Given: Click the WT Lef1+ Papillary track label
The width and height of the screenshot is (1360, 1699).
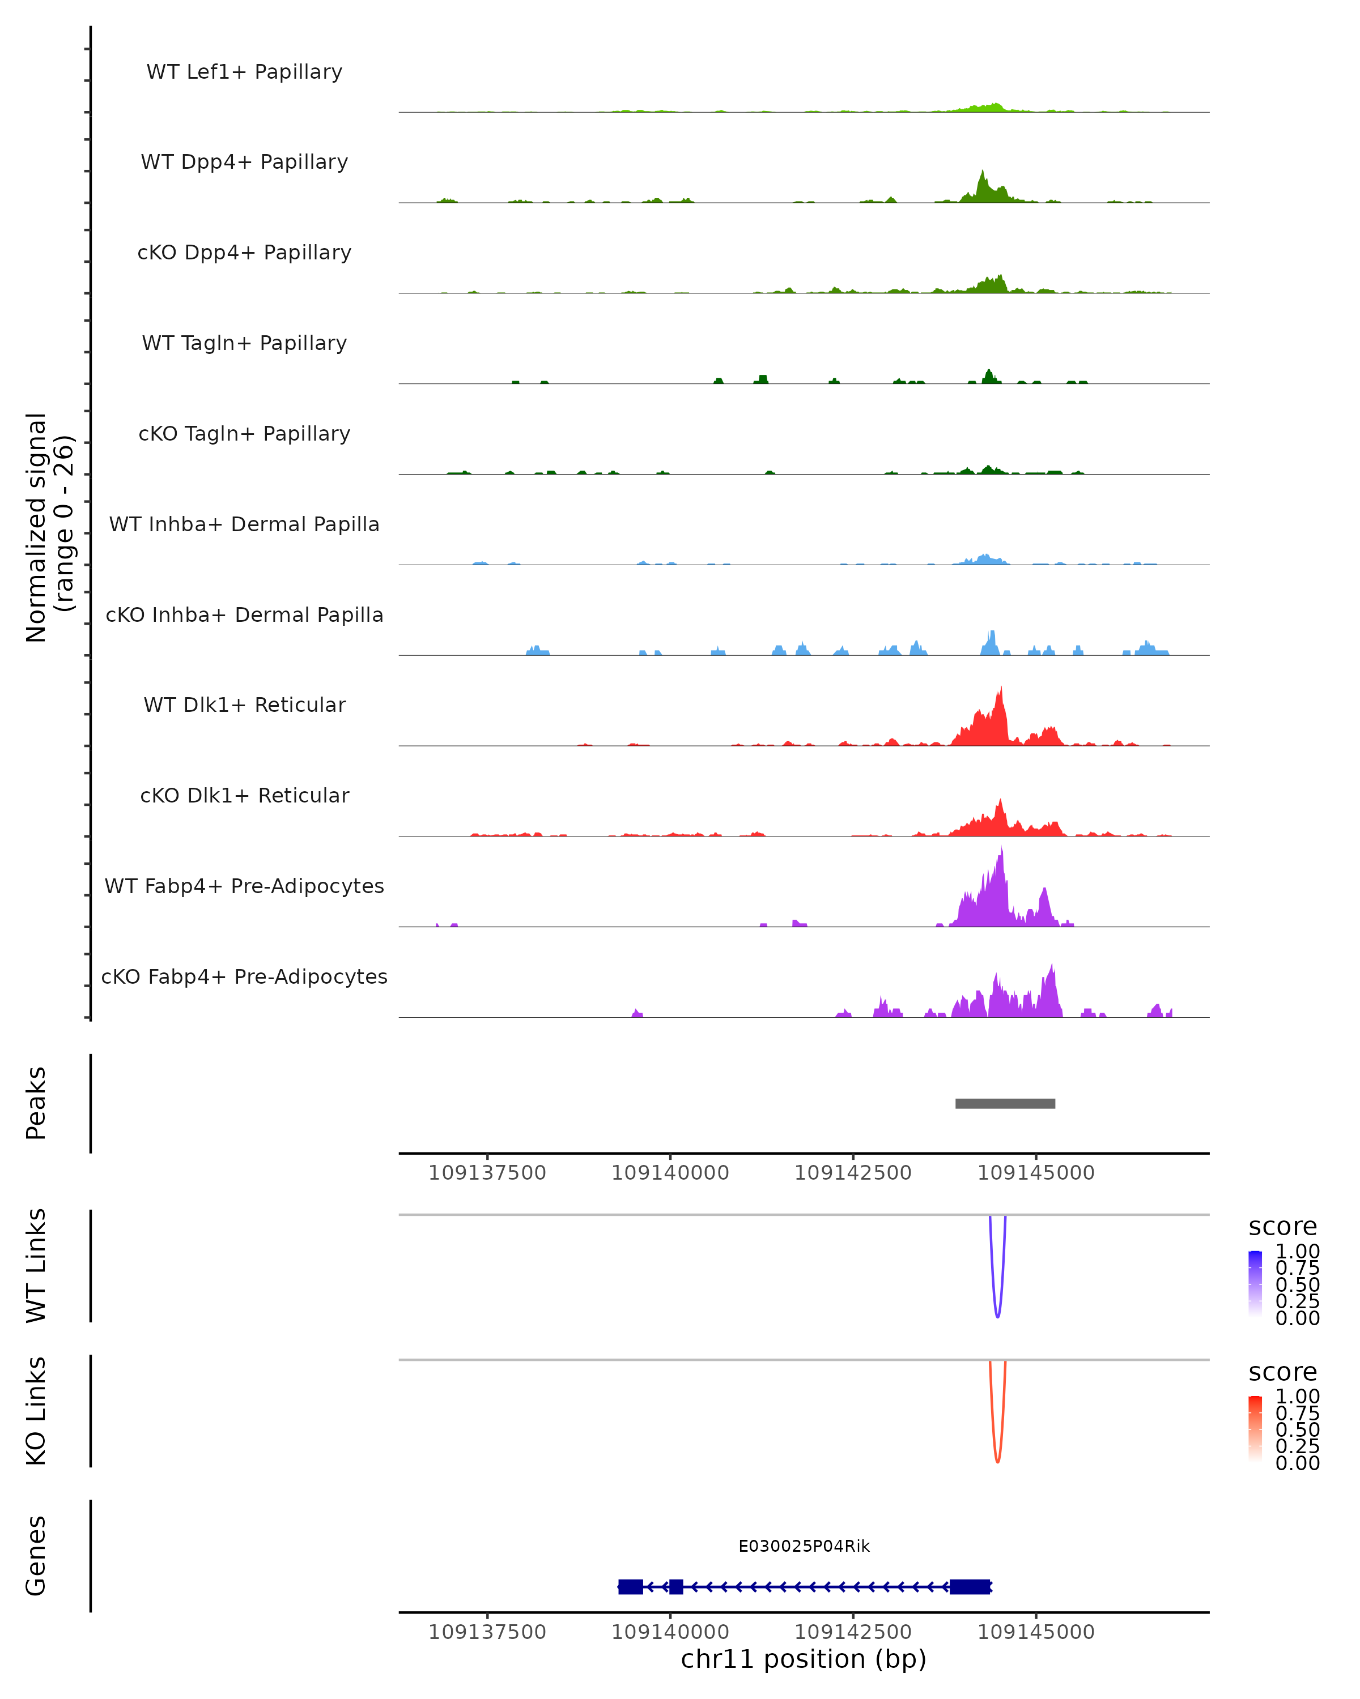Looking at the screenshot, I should pyautogui.click(x=244, y=72).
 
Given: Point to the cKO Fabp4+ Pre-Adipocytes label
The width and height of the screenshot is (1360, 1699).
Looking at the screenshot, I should pyautogui.click(x=244, y=976).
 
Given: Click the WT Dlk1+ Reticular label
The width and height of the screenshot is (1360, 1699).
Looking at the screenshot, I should pyautogui.click(x=244, y=705).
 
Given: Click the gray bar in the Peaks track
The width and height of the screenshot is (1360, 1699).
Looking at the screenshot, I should pyautogui.click(x=1005, y=1103).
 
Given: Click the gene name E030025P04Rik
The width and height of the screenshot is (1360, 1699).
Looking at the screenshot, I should pyautogui.click(x=804, y=1546).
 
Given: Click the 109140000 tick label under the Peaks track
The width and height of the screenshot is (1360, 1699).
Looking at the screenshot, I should pyautogui.click(x=670, y=1173).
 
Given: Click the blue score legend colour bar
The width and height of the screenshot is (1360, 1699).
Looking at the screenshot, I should pyautogui.click(x=1255, y=1284).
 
